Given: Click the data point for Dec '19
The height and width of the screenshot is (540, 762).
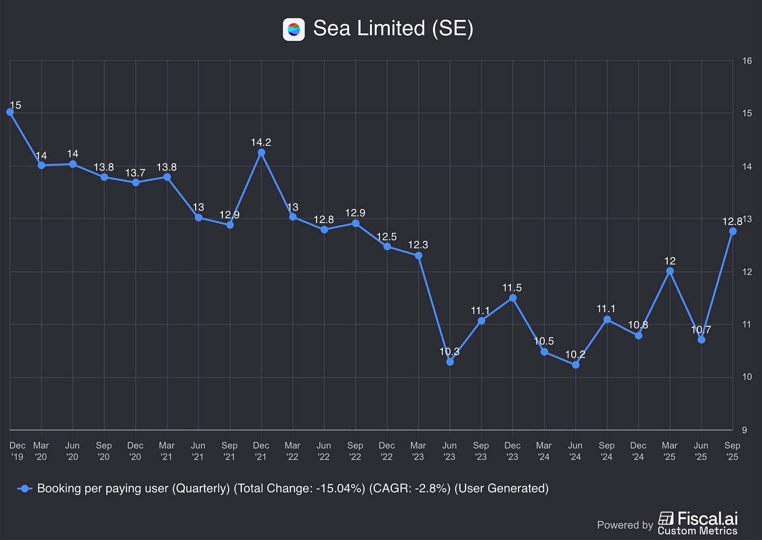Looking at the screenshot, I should coord(10,112).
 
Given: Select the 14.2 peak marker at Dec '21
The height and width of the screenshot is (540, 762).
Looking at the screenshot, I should coord(261,152).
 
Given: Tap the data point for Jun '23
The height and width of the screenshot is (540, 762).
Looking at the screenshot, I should coord(450,361).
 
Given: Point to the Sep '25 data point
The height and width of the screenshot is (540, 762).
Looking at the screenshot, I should coord(733,231).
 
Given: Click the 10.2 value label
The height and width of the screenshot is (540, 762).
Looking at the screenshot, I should coord(575,354).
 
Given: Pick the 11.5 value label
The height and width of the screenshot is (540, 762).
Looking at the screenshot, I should coord(512,288).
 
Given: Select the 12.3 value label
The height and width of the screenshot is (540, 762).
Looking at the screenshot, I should coord(418,245).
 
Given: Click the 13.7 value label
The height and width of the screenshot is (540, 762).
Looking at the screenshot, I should coord(135,172).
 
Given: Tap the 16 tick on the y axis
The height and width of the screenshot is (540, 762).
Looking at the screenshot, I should coord(747,61).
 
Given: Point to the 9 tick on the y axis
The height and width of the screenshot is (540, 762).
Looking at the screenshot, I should coord(744,430).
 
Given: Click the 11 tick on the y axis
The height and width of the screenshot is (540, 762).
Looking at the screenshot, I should coord(746,324).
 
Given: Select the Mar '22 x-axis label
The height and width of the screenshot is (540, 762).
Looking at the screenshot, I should coord(293,450).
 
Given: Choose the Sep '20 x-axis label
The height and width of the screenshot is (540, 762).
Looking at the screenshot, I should coord(104,450).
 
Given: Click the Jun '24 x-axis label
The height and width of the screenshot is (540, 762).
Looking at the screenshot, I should coord(575,450).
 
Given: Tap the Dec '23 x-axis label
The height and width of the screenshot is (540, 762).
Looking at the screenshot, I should coord(512,450).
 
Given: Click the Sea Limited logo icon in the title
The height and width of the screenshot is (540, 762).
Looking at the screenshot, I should coord(294,29).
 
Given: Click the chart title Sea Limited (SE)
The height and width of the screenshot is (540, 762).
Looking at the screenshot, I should coord(393,28).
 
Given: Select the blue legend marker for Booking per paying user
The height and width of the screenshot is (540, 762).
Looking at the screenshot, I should coord(25,489).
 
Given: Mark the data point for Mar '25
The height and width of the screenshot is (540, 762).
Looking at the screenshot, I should coord(670,271).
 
